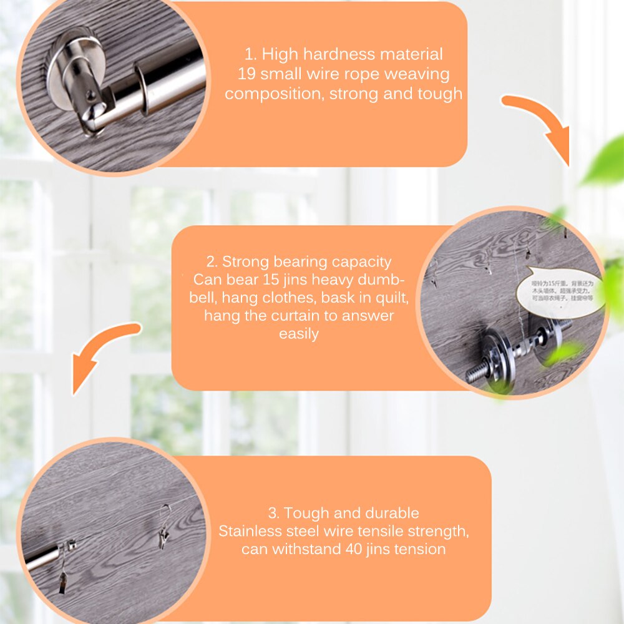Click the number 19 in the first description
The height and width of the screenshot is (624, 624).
tap(247, 74)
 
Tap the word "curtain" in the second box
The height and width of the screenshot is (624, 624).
tap(295, 316)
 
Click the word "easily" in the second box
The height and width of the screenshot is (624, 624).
tap(299, 334)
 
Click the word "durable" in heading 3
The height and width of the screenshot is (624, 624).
tap(392, 514)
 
